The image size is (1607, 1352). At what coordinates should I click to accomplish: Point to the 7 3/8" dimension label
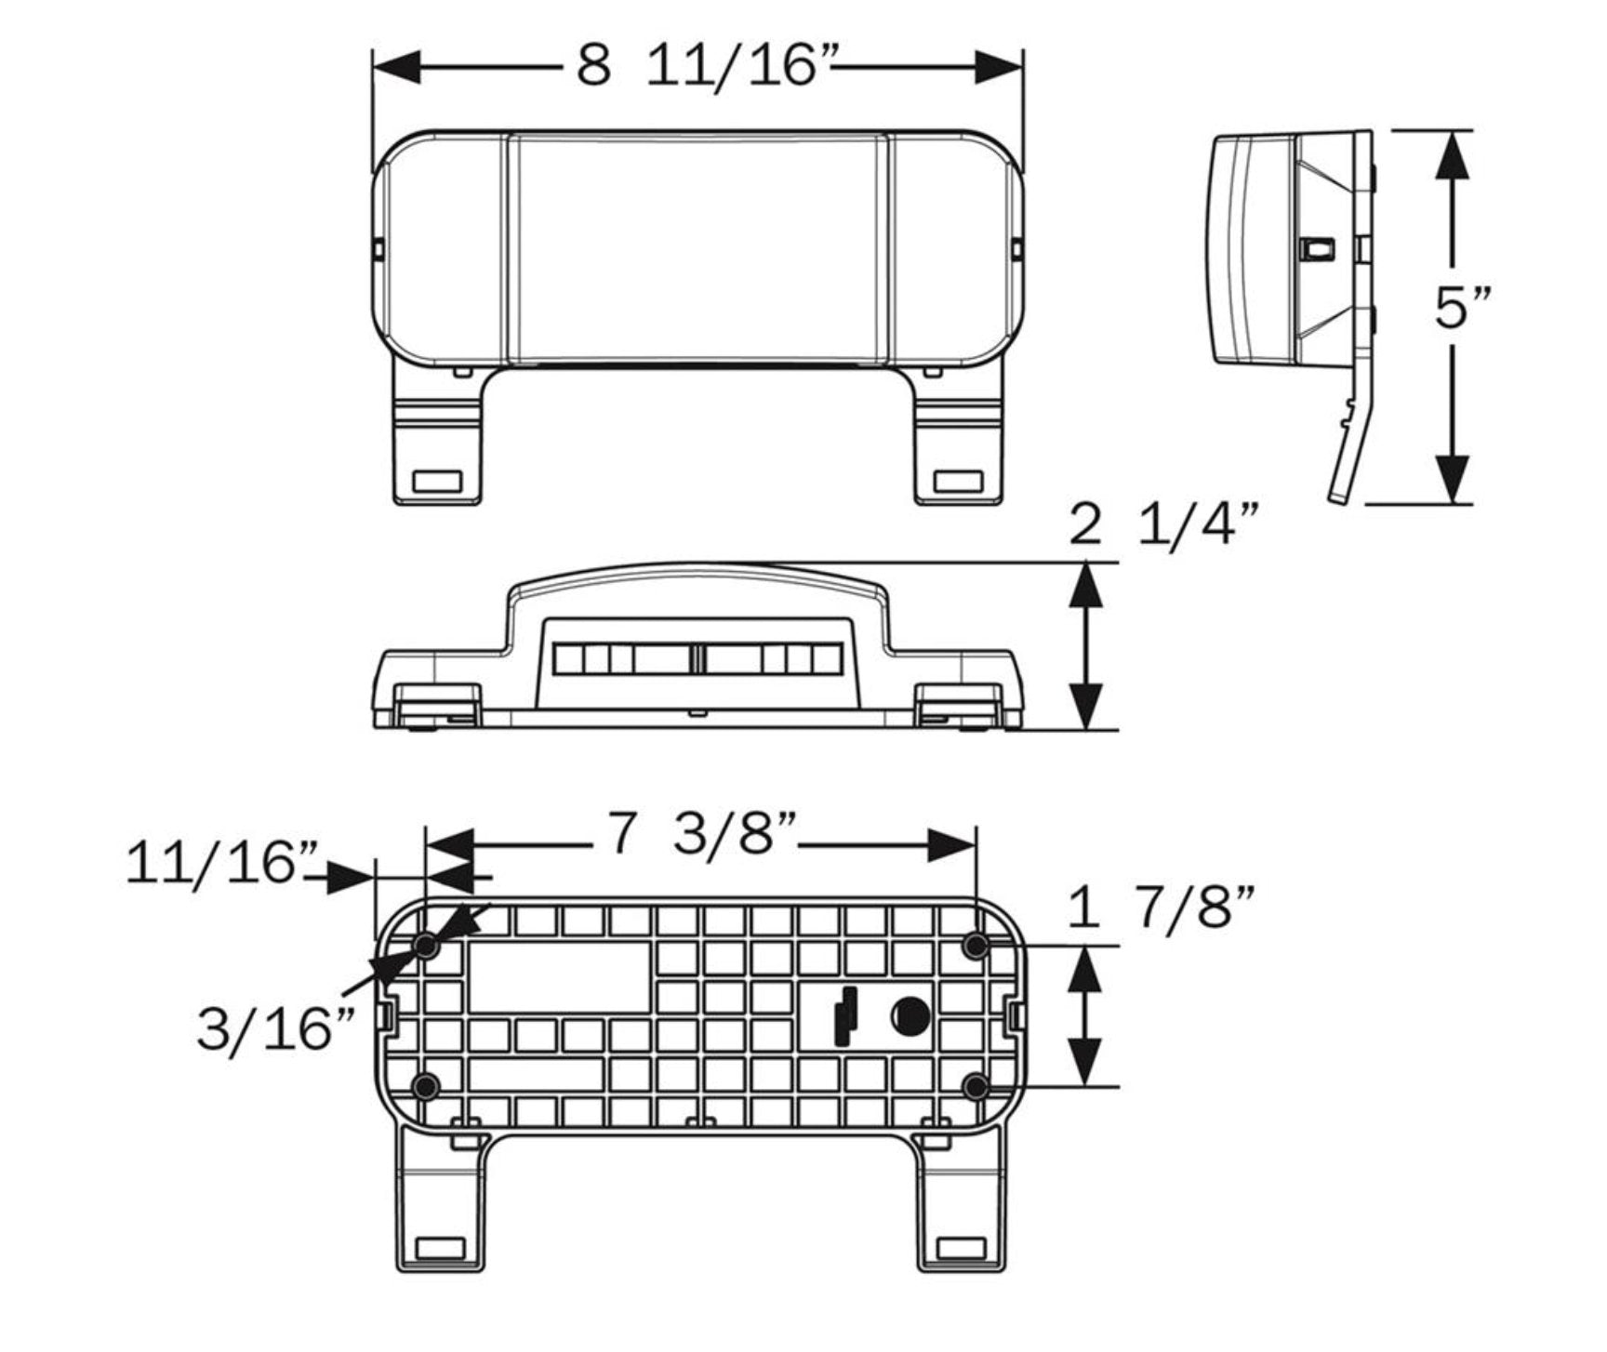(703, 833)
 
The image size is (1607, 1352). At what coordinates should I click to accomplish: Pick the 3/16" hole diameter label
(277, 1028)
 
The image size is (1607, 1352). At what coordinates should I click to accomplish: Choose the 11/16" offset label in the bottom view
(223, 863)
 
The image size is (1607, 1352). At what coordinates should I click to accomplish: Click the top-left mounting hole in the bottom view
(427, 947)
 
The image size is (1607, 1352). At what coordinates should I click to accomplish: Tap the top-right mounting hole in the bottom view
(976, 947)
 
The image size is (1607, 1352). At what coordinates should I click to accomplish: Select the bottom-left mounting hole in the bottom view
(427, 1085)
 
